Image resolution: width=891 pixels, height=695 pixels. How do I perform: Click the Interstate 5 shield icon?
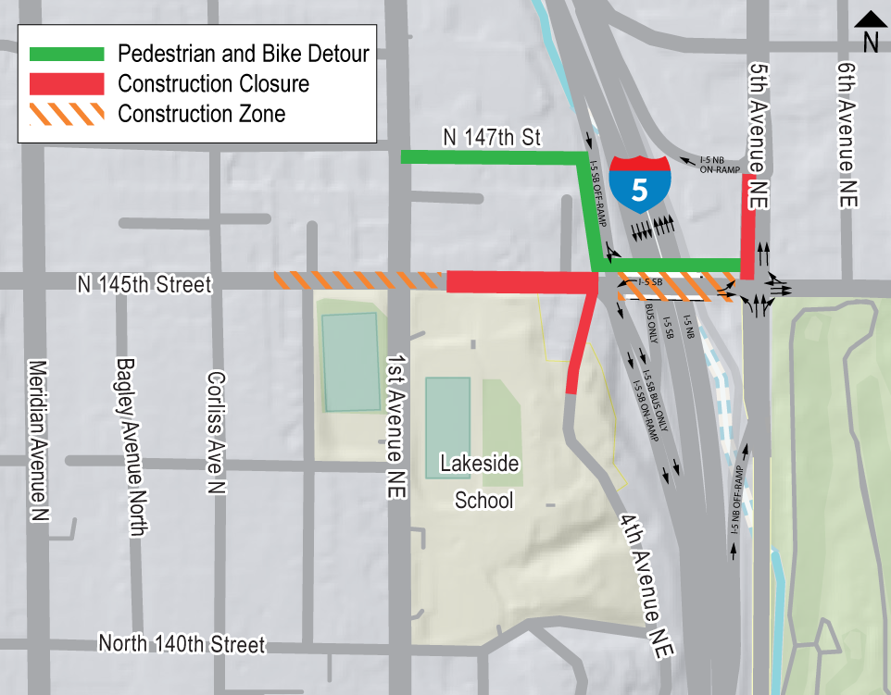[640, 184]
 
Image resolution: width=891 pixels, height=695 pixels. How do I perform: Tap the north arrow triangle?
[870, 19]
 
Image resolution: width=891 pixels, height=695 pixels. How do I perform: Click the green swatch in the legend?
[66, 54]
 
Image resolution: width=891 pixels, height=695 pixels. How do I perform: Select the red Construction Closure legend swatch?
[66, 84]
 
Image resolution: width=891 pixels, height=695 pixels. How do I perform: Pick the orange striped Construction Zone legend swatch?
[66, 115]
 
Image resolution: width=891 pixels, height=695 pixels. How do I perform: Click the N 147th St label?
[491, 139]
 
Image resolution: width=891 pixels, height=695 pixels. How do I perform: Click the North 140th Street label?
[182, 644]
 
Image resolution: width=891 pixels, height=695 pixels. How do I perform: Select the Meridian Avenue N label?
[39, 439]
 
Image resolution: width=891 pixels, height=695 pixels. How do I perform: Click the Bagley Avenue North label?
[132, 446]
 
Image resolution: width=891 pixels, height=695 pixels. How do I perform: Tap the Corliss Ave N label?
[215, 432]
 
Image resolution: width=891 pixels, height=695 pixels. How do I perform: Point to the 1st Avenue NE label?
[395, 426]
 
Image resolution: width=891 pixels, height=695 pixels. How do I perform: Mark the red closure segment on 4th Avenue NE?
[582, 343]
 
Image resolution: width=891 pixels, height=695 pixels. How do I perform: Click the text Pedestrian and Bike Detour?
[244, 54]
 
